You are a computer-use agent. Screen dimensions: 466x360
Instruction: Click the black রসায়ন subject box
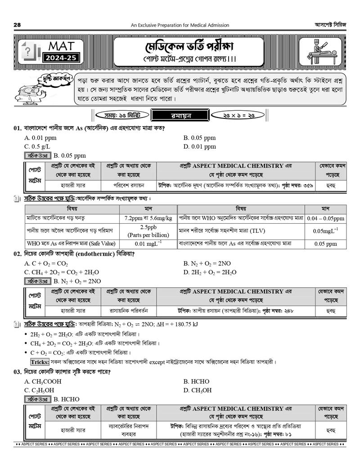178,115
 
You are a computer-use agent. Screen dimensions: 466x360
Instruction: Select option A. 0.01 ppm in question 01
40,137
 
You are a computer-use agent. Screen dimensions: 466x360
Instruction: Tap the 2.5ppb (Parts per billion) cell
148,231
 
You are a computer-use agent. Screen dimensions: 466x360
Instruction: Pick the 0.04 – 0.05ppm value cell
325,218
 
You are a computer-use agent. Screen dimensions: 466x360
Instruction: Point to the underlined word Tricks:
40,362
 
